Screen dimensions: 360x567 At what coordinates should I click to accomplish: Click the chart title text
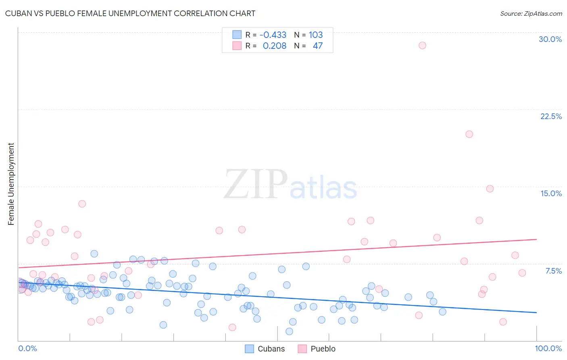pos(130,13)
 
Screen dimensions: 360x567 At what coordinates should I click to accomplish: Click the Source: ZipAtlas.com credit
pos(531,13)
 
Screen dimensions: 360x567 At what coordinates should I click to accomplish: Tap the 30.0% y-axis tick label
pos(550,39)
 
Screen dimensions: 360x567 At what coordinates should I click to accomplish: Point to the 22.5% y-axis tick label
pos(551,116)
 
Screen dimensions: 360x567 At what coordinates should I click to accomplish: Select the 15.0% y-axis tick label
pos(551,193)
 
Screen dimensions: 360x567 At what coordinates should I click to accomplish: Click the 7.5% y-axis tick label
pos(553,271)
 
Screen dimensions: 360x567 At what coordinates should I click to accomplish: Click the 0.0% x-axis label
pos(27,348)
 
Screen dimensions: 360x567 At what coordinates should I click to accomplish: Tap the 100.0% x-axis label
pos(548,348)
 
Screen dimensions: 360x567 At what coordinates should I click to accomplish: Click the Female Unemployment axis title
pos(11,184)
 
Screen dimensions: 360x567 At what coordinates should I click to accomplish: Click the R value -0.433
pos(273,35)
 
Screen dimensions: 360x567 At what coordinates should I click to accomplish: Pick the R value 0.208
pos(274,46)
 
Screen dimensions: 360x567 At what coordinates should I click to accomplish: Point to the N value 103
pos(316,35)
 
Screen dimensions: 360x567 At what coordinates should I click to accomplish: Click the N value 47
pos(317,46)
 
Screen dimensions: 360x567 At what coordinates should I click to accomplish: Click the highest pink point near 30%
pos(422,45)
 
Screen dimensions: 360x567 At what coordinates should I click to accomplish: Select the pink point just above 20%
pos(469,134)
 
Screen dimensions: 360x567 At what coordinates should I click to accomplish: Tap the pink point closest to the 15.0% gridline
pos(490,188)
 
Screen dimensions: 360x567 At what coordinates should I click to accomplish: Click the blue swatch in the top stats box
pos(237,35)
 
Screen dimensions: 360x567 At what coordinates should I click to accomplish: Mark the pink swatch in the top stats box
pos(237,46)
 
